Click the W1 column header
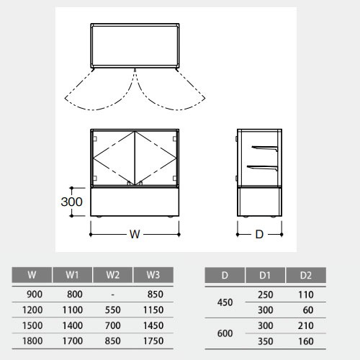(72, 275)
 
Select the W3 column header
(153, 275)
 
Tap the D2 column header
(306, 275)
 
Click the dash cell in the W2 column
(113, 294)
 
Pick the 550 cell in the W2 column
(113, 310)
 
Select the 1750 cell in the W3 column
(153, 341)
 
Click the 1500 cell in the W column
(32, 325)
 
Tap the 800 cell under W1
(75, 294)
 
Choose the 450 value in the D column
(225, 302)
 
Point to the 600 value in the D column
(225, 333)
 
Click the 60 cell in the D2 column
(308, 310)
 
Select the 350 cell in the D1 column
(266, 341)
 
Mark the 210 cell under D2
(306, 325)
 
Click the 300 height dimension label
(71, 202)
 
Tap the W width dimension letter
(135, 234)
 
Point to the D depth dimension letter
(259, 235)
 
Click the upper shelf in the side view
(265, 148)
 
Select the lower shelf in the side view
(262, 167)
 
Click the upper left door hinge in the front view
(94, 139)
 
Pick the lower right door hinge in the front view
(175, 179)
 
